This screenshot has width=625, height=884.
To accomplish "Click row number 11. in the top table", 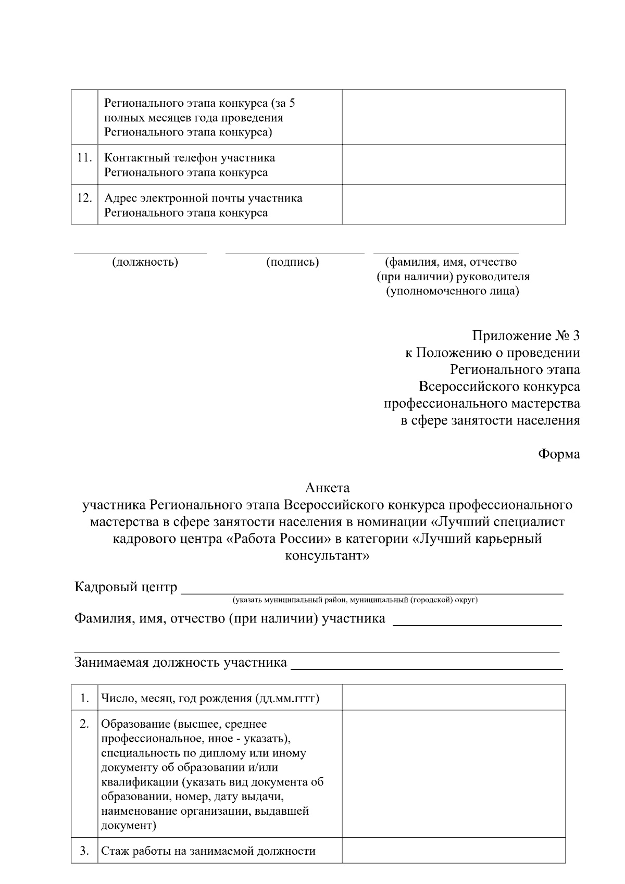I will (x=84, y=157).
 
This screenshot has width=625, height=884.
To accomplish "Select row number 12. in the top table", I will (x=84, y=198).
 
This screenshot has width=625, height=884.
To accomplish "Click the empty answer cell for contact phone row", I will (x=453, y=164).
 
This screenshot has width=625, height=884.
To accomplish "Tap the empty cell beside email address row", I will (x=453, y=204).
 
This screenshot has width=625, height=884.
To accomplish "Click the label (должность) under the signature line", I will (x=145, y=262).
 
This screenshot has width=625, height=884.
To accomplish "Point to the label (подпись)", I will (x=292, y=262).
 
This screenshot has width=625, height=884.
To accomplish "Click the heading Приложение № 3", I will (x=526, y=336).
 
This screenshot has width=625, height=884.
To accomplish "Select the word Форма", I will (x=558, y=454).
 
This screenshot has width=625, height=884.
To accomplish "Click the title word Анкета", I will (x=327, y=488).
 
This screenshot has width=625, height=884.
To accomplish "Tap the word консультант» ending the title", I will (x=327, y=555).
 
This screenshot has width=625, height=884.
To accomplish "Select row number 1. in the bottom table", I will (x=84, y=698).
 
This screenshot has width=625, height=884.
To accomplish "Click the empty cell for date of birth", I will (x=453, y=698).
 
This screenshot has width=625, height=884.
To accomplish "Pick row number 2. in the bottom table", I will (x=84, y=724).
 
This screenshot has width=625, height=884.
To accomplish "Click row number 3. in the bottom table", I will (x=84, y=851).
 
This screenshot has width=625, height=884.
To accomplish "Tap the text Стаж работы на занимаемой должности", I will (x=208, y=851).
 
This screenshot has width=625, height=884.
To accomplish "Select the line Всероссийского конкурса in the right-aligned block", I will (x=499, y=387).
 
